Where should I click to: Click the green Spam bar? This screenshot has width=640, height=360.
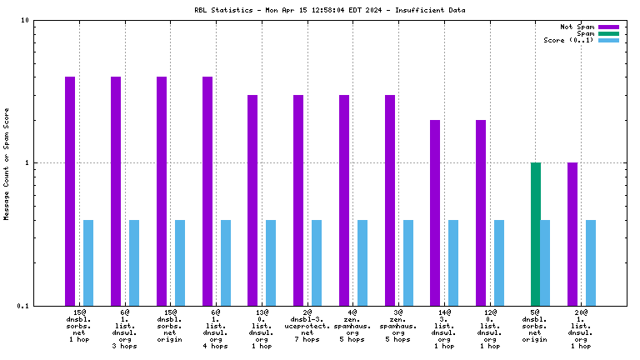tap(536, 233)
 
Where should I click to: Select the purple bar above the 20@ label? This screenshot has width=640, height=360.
tap(572, 233)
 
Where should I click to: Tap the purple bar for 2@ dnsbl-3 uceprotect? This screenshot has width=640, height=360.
tap(298, 200)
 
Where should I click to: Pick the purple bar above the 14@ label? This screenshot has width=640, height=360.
tap(435, 212)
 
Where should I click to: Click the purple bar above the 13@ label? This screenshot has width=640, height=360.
tap(252, 200)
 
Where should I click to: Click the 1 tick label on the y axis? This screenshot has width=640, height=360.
tap(27, 163)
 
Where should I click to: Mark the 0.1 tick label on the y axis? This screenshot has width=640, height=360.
tap(23, 306)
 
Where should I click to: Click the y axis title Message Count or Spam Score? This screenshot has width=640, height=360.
tap(7, 163)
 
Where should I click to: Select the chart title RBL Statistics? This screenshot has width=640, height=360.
tap(329, 10)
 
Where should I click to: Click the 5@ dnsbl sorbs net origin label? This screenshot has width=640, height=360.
tap(536, 326)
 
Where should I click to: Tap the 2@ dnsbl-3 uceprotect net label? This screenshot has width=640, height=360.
tap(307, 326)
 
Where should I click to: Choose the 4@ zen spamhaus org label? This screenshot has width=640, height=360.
tap(352, 326)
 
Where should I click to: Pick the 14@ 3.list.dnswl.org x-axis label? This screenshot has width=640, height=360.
tap(444, 326)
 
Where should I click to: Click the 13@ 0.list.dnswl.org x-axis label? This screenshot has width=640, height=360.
tap(262, 326)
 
